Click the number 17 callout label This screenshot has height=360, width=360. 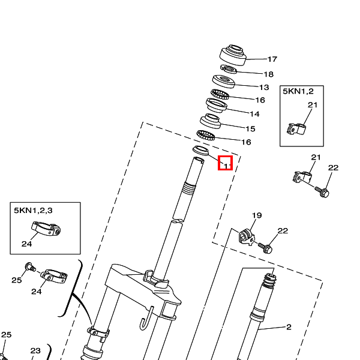272,59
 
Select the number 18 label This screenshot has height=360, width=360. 268,74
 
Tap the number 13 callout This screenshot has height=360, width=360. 264,88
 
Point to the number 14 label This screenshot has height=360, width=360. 254,114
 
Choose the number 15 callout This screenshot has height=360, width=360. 250,129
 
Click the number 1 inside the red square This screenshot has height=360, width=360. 226,163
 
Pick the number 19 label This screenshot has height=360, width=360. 257,215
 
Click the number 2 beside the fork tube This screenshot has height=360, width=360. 288,327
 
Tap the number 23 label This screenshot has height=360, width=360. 35,351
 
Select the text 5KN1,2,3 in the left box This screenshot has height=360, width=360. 33,210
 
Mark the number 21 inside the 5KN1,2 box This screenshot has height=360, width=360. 312,106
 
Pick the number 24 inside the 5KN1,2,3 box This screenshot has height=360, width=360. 26,244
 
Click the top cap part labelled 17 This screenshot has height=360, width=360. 233,54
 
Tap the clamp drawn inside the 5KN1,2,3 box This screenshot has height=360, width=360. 46,228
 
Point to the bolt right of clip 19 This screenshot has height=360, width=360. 266,246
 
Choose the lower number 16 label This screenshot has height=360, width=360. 246,142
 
